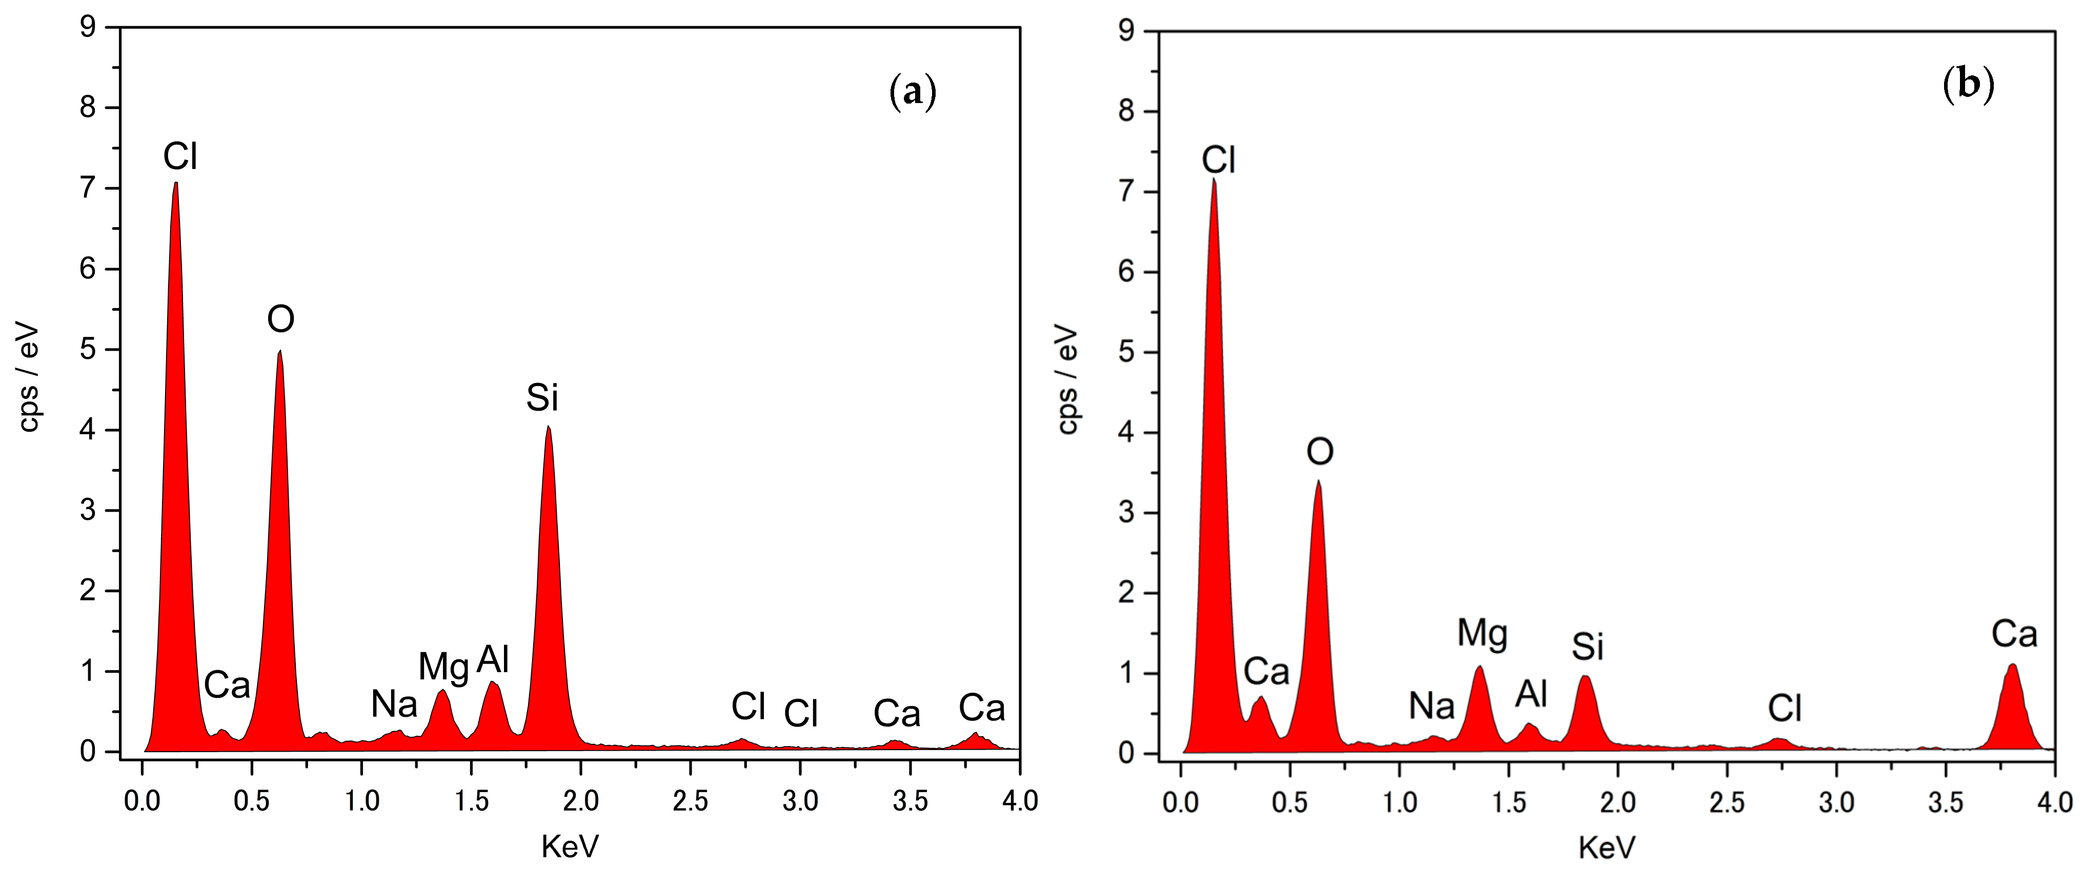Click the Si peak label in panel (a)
pyautogui.click(x=542, y=398)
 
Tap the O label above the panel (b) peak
pyautogui.click(x=1320, y=451)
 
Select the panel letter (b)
pyautogui.click(x=1968, y=84)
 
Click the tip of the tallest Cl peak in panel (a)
pyautogui.click(x=175, y=184)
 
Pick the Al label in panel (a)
pyautogui.click(x=493, y=660)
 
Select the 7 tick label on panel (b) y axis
pyautogui.click(x=1126, y=192)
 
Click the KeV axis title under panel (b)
pyautogui.click(x=1606, y=848)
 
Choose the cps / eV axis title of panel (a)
pyautogui.click(x=29, y=377)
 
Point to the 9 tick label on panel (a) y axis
pyautogui.click(x=87, y=28)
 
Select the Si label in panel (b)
pyautogui.click(x=1587, y=647)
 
